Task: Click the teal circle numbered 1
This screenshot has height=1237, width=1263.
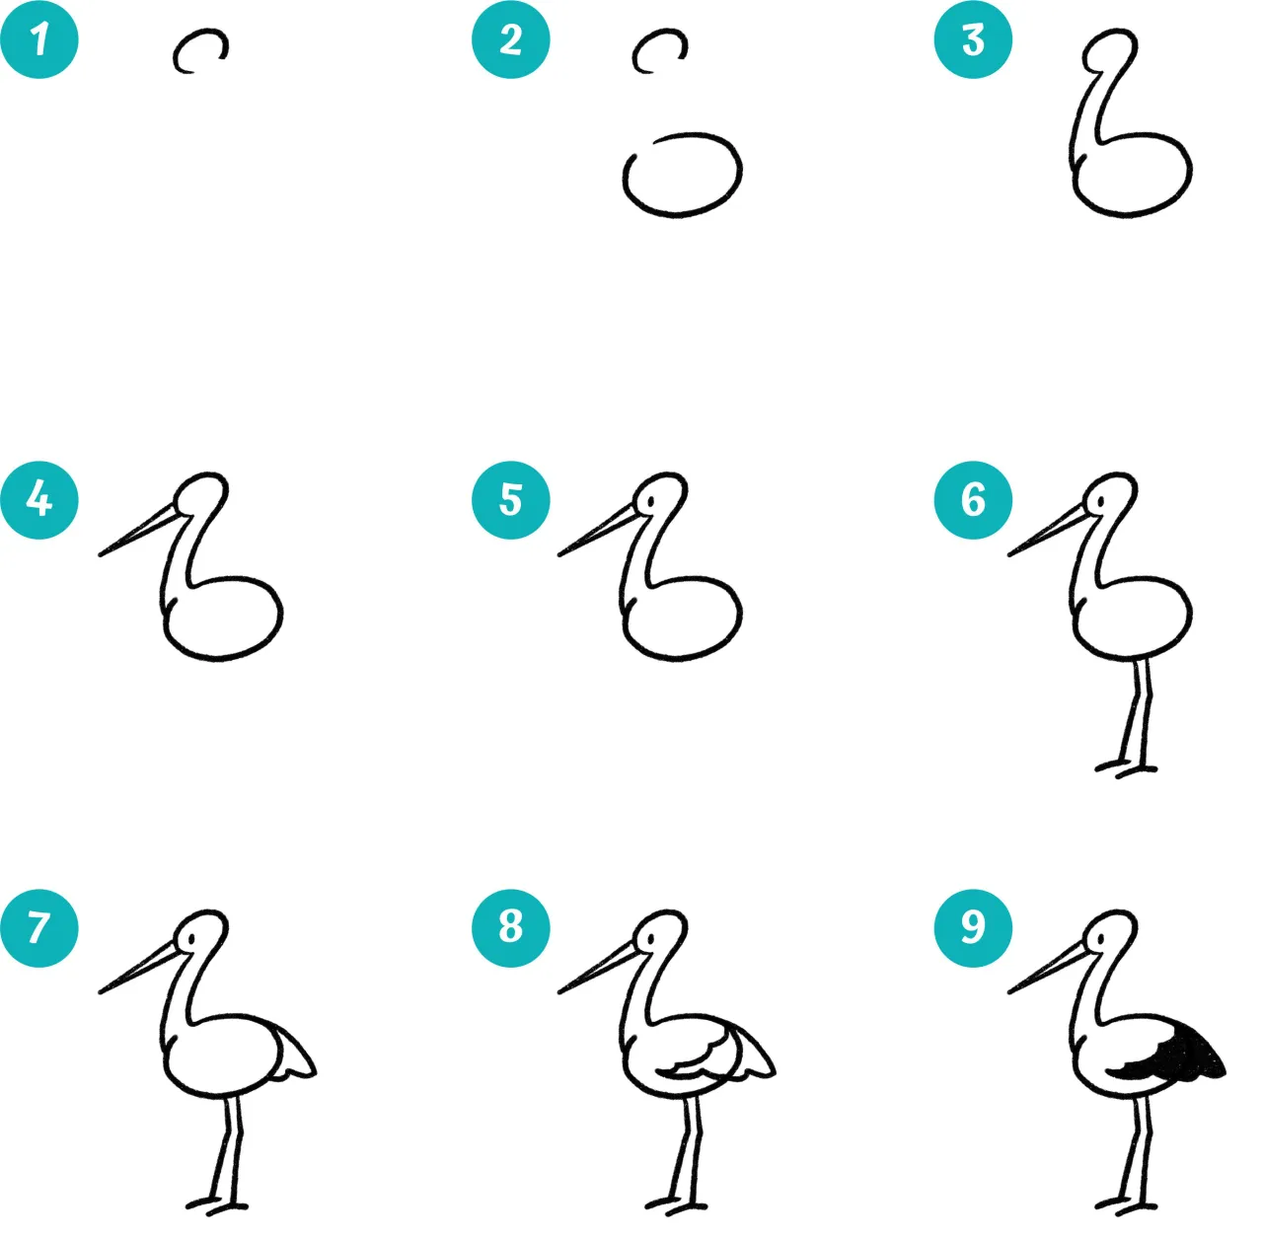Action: [x=39, y=39]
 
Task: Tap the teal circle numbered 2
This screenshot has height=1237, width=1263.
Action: [x=510, y=39]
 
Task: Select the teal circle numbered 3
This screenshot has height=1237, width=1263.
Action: [x=973, y=39]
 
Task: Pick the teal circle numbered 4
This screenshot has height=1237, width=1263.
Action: [x=39, y=500]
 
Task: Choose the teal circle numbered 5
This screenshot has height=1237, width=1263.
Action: [x=510, y=500]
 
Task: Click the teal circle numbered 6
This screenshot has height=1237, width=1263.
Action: [x=973, y=500]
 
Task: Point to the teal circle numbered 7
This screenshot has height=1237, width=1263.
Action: [x=39, y=928]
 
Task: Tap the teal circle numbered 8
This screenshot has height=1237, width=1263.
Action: [x=510, y=928]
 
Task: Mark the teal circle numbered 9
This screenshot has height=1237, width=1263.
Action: [x=973, y=928]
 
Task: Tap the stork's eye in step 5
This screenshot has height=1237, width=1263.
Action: [x=651, y=502]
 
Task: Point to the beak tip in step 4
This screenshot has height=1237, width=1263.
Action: [x=101, y=555]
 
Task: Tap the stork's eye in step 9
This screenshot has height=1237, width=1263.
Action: [x=1100, y=939]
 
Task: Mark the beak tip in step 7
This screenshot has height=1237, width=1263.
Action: [x=101, y=992]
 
